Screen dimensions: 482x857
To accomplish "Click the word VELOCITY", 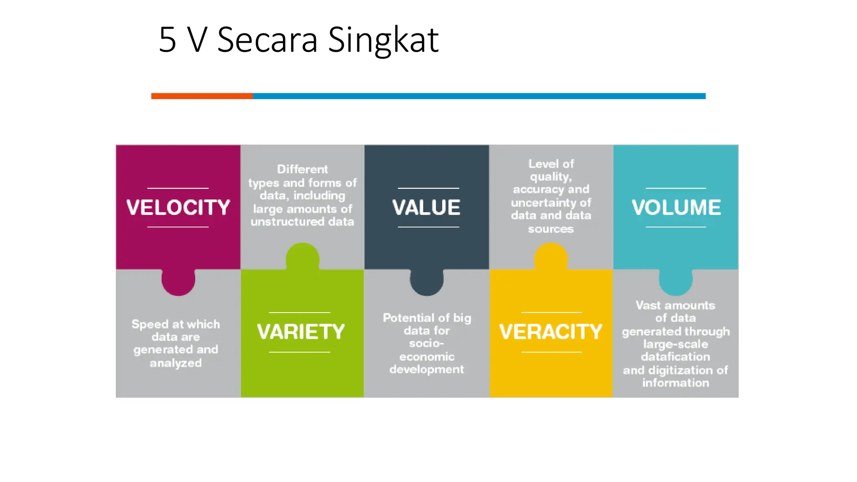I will (178, 208).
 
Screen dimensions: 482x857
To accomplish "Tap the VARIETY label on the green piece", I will (301, 332).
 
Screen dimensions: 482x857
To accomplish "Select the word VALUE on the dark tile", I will (426, 208).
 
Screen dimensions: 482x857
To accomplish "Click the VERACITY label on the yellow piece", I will (551, 332).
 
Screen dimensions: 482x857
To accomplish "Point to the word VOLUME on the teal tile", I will (676, 208).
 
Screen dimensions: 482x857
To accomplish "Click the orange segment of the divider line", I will (202, 96).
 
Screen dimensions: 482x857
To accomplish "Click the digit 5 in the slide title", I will (167, 40).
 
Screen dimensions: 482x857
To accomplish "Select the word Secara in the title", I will (267, 40).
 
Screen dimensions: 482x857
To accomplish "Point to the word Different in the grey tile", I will (303, 169).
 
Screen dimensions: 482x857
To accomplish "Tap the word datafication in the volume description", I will (675, 357).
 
